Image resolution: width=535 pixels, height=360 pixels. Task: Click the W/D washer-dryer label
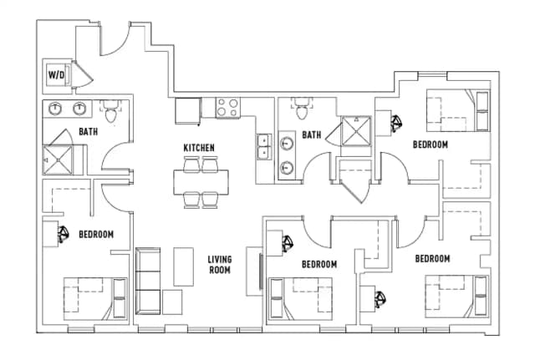tap(57, 75)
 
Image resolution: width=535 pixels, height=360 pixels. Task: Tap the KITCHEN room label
tap(199, 148)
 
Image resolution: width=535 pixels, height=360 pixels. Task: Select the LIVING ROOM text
tap(219, 265)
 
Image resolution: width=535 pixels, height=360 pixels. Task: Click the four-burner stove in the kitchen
tap(227, 108)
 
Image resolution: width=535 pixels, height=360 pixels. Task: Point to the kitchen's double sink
tap(264, 146)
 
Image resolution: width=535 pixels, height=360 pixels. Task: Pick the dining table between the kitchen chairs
tap(200, 181)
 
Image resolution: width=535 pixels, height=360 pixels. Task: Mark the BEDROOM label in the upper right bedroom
tap(430, 145)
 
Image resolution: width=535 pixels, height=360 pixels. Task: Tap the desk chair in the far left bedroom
tap(63, 234)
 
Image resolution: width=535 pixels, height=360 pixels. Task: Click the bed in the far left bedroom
tap(94, 296)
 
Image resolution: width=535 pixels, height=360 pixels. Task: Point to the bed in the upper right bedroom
tap(456, 110)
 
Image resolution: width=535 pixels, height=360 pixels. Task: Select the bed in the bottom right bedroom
tap(456, 296)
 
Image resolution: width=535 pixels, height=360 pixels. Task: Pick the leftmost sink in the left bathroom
tap(56, 108)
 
